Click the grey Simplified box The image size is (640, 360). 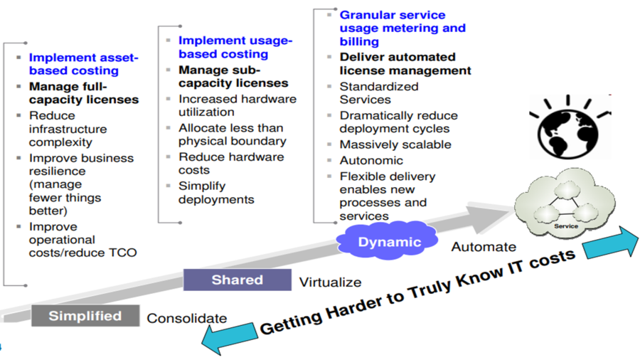point(85,316)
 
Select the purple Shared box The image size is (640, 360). point(237,280)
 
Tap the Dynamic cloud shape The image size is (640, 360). point(389,242)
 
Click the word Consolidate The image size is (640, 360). point(186,319)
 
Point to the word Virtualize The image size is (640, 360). point(330,282)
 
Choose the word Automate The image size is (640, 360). point(484,247)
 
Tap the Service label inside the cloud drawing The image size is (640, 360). point(566,226)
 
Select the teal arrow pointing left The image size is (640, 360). point(229,337)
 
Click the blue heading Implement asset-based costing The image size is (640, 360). point(84,64)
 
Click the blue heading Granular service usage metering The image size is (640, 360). point(402,28)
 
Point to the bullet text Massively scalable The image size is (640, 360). point(395,144)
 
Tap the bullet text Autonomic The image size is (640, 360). point(370,160)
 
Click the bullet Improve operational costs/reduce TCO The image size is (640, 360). point(82,240)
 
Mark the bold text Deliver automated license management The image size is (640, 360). point(405,63)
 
